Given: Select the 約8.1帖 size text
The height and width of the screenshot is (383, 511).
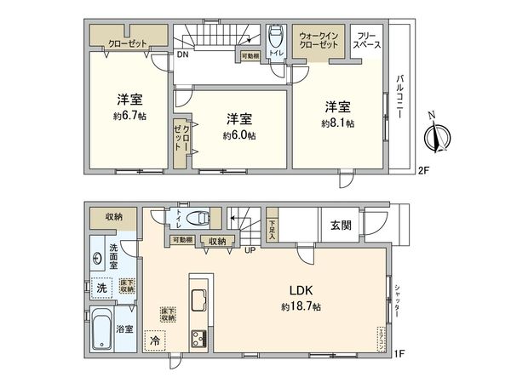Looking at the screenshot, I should pos(338,123).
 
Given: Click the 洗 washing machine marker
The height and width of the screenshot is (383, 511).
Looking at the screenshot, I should pos(102,287).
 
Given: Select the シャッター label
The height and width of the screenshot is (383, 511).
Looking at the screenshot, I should pos(397,301).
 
